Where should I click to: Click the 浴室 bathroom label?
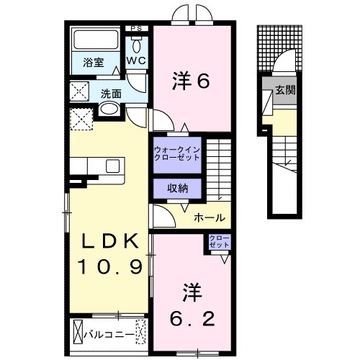pos(91,63)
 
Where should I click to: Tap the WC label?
pos(137,62)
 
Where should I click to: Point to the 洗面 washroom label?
pos(110,93)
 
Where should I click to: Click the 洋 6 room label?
pos(191,81)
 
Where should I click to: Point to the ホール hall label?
pos(210,218)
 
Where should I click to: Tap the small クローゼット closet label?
pos(219,241)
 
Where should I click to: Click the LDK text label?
pos(109,243)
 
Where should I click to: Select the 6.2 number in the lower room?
pos(192,316)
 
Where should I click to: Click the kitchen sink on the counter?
pos(113,166)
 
